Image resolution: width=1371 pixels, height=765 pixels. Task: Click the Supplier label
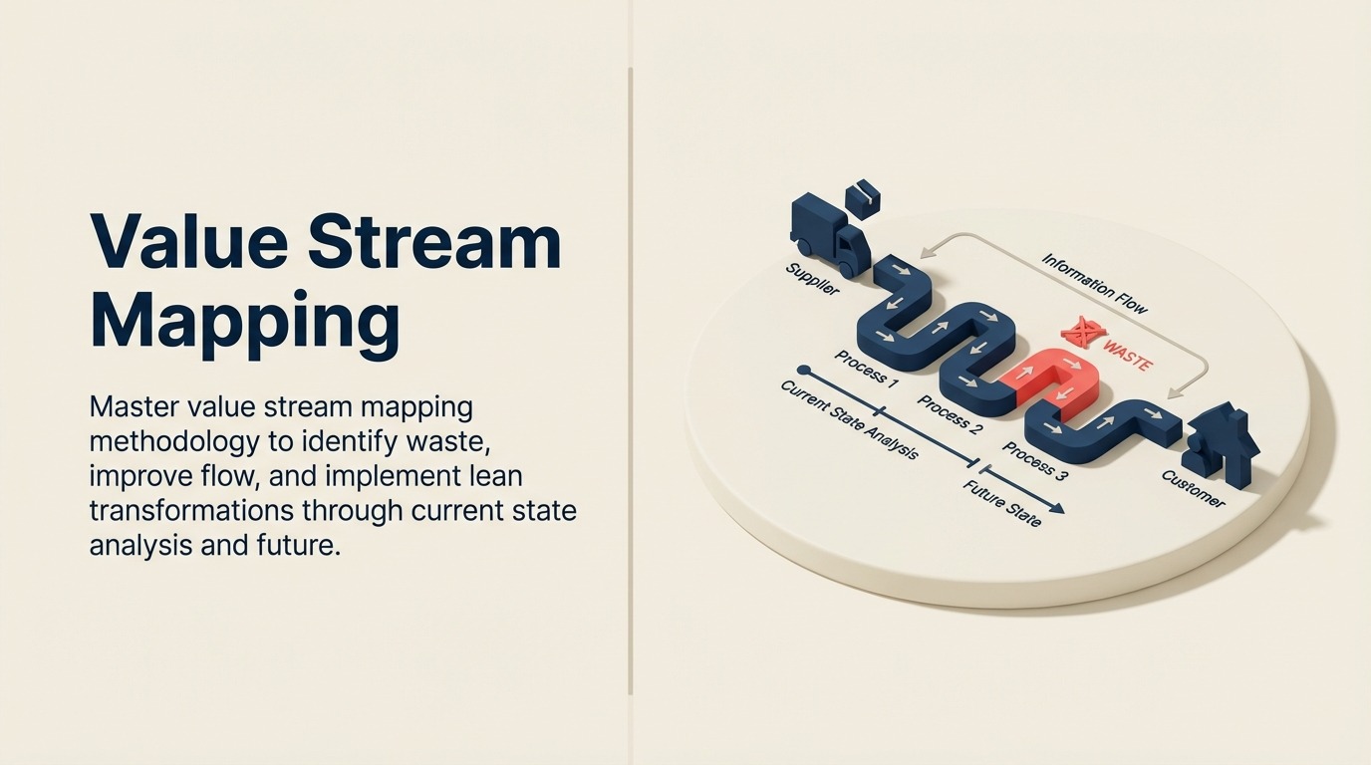(x=813, y=280)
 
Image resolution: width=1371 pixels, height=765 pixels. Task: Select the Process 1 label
(x=867, y=370)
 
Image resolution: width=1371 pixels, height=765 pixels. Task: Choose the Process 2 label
(x=950, y=415)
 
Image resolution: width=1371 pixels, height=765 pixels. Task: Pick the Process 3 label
(x=1034, y=462)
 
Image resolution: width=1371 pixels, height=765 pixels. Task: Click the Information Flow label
(x=1094, y=284)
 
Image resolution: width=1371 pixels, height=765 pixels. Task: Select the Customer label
(x=1193, y=489)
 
